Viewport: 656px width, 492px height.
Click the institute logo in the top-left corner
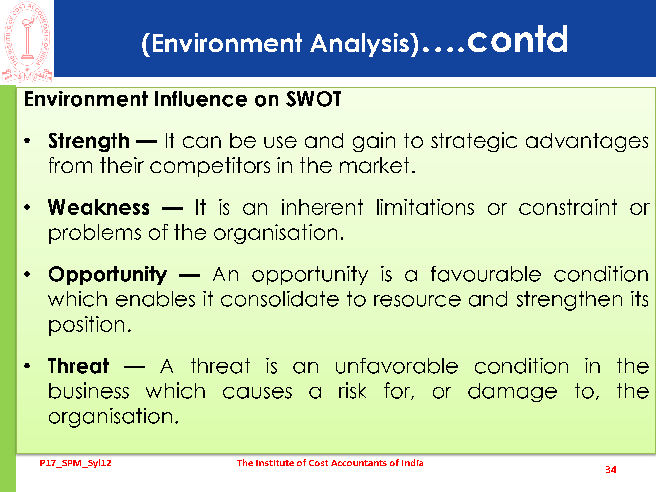[27, 42]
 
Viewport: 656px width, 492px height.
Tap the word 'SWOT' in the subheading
[314, 99]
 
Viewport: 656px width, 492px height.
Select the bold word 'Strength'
[89, 141]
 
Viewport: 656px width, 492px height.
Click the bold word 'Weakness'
[99, 208]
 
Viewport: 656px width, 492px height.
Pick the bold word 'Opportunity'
[108, 275]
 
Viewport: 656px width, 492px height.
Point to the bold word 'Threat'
[78, 366]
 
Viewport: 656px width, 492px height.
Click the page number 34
[611, 470]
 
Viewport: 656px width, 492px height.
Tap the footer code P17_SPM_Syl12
[75, 463]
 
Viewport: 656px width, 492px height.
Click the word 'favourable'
[486, 274]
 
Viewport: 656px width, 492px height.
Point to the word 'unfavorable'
[397, 366]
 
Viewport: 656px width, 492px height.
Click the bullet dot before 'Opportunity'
[27, 274]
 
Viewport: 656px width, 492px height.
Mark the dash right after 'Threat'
[134, 367]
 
